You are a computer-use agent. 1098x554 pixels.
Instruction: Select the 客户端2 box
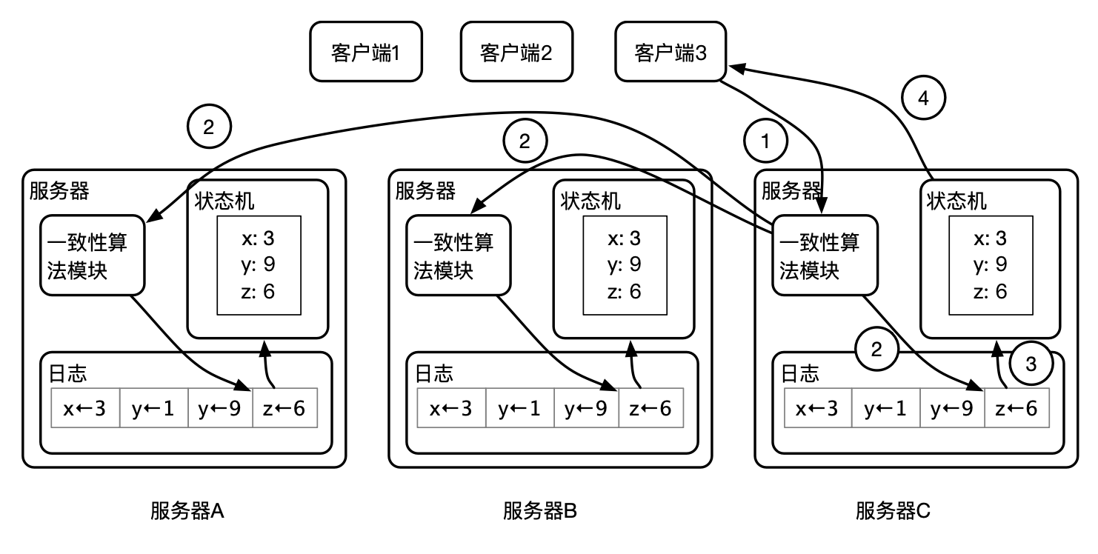[x=516, y=52]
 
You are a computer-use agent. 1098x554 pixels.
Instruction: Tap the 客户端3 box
[x=671, y=52]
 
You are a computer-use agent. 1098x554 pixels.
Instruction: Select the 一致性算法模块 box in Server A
[x=91, y=256]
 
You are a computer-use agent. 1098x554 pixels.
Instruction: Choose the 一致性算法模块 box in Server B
[x=457, y=256]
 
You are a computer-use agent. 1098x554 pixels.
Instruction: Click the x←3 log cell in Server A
[x=84, y=408]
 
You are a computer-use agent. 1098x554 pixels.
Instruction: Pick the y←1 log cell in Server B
[x=520, y=408]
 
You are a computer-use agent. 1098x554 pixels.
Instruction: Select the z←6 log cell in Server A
[x=285, y=408]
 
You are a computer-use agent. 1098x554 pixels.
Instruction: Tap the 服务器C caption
[x=893, y=512]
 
